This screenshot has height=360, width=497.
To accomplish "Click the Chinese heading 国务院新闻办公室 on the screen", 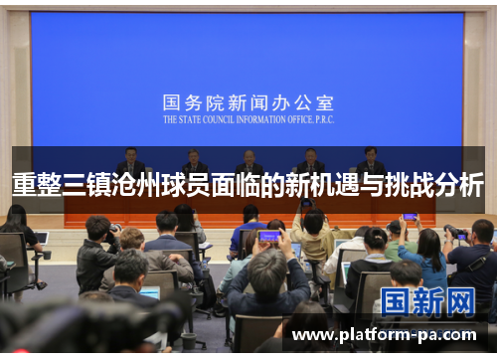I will click(x=248, y=102).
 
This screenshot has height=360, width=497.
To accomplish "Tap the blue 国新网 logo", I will click(x=428, y=301).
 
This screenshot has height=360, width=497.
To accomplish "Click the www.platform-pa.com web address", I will click(x=384, y=335).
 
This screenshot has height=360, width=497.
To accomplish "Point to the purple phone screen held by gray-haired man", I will click(x=268, y=237).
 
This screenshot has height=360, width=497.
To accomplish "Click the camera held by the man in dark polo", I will click(x=458, y=235).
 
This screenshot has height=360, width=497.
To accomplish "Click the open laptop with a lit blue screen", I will click(x=150, y=292).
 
